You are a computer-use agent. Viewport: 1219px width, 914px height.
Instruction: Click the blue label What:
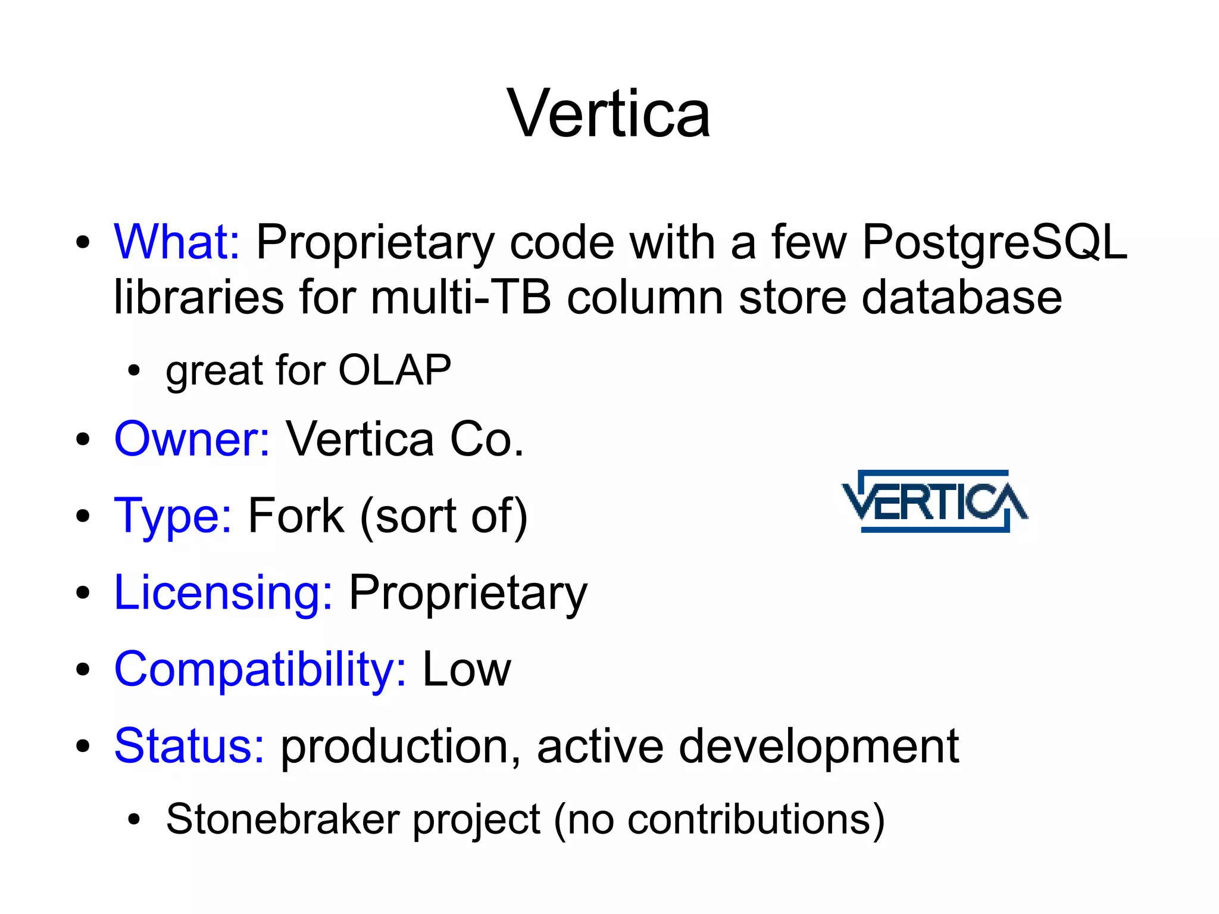177,242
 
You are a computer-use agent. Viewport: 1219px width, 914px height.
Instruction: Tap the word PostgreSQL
994,243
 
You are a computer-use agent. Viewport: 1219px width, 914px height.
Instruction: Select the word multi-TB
461,297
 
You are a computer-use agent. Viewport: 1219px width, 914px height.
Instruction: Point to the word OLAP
395,370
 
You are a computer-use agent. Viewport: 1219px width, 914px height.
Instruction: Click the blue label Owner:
192,439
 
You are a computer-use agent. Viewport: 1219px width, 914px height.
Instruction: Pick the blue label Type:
173,515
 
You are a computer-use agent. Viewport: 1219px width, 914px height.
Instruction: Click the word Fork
296,515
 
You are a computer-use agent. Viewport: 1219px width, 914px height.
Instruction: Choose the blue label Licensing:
223,592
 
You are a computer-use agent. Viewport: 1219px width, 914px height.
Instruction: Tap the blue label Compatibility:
260,669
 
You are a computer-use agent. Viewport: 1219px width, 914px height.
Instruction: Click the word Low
467,669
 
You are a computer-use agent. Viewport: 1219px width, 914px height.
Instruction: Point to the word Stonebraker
283,819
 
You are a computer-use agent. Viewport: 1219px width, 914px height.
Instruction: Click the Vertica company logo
934,501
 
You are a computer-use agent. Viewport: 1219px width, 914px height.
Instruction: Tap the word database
961,297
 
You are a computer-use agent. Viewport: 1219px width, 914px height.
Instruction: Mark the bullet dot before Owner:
83,439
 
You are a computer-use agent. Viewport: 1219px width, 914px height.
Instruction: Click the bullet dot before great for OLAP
135,370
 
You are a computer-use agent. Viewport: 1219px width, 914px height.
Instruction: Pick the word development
818,746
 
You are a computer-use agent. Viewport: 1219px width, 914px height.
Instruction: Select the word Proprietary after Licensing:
468,593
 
